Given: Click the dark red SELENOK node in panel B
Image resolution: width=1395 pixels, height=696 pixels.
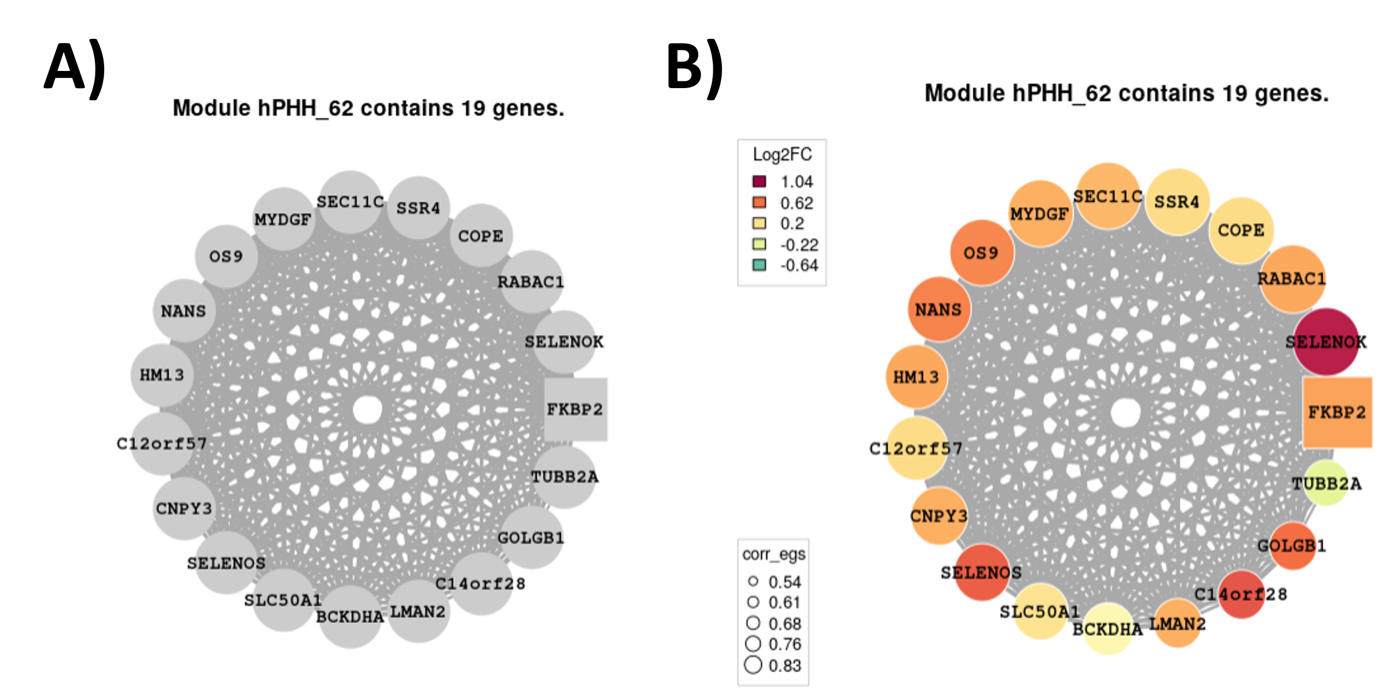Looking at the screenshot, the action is [x=1326, y=342].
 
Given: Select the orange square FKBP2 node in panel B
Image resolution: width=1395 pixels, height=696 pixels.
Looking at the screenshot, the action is [x=1337, y=412].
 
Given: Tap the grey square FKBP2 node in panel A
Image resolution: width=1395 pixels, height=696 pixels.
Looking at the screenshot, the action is [x=575, y=410].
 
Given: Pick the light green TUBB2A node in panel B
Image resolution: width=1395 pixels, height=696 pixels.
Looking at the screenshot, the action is [x=1326, y=483].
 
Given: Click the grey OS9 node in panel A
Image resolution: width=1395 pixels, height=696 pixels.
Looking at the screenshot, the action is [x=226, y=256].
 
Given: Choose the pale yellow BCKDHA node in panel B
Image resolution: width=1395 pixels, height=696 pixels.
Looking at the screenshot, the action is [x=1107, y=629].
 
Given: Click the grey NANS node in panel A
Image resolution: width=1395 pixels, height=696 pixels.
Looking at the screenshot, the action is [x=184, y=310].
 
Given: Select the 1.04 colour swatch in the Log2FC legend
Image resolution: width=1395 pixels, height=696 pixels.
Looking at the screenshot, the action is [x=759, y=181].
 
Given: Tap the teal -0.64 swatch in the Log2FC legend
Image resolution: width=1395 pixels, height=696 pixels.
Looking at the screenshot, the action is [x=759, y=265].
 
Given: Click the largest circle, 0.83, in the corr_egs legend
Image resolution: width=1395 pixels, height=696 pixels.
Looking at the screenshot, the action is [x=753, y=664].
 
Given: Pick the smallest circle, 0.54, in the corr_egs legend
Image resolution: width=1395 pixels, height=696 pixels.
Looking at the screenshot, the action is [x=753, y=581].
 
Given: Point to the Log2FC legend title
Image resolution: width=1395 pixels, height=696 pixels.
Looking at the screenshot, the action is [x=782, y=154].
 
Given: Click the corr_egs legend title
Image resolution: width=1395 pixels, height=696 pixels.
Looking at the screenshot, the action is [x=774, y=554].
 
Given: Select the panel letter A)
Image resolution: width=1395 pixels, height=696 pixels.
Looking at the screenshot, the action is [x=75, y=69].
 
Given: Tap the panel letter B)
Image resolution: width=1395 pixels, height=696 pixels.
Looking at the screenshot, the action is [x=695, y=69].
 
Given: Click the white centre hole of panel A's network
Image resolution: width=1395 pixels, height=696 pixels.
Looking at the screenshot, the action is [x=367, y=410].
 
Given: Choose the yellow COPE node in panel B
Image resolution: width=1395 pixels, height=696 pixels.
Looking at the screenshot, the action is [x=1241, y=230].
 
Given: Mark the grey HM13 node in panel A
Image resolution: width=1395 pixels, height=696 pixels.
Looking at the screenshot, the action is [x=162, y=375].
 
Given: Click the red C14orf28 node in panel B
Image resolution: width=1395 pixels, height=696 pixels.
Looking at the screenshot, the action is [x=1241, y=595].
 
